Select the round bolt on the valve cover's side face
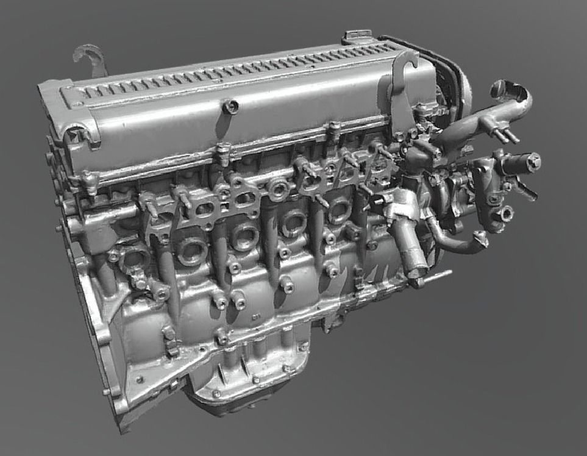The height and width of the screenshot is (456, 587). [230, 107]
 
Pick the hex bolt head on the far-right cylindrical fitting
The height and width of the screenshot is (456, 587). [534, 162]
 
